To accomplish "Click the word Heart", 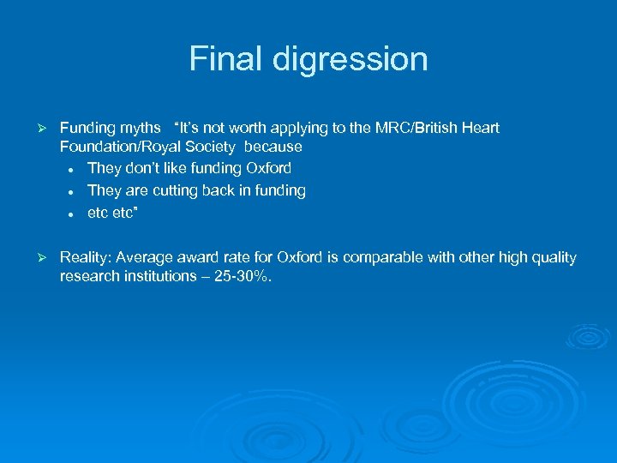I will pyautogui.click(x=480, y=128).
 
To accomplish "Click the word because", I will pyautogui.click(x=273, y=147).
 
